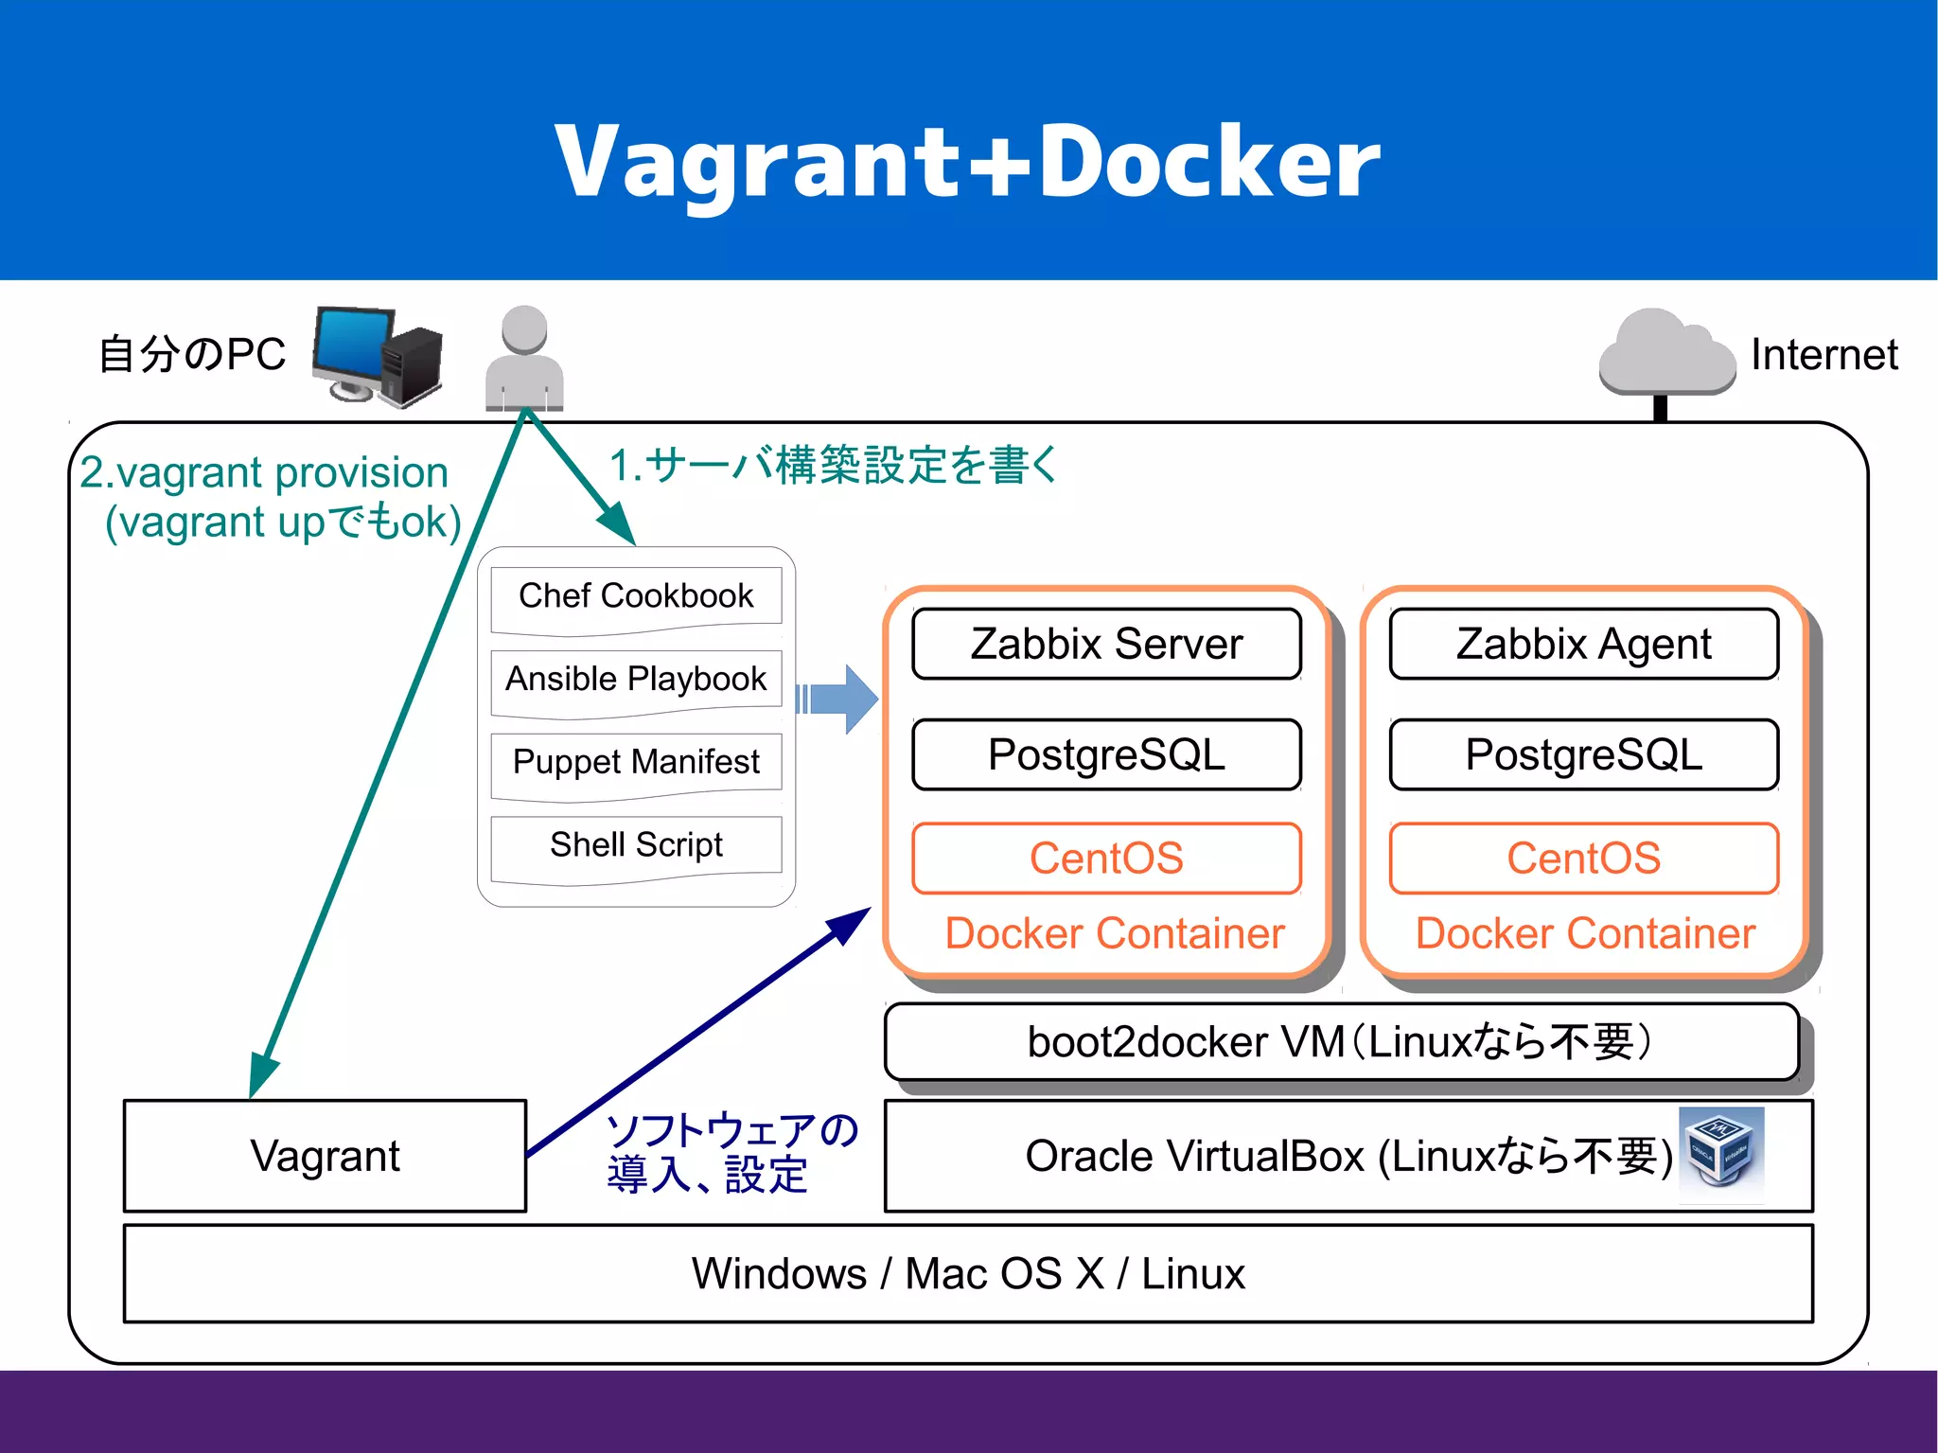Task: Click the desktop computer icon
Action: click(x=377, y=356)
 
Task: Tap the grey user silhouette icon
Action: click(x=524, y=358)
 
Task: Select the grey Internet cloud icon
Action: click(x=1665, y=352)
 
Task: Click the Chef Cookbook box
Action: click(x=636, y=596)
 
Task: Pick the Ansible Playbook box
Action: click(x=636, y=679)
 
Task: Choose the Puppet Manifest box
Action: click(x=636, y=762)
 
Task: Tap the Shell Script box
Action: click(x=636, y=844)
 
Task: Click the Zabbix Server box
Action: click(x=1106, y=644)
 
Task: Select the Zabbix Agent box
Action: click(x=1583, y=644)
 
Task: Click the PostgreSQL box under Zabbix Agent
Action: click(x=1583, y=754)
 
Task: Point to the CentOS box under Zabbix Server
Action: click(x=1106, y=859)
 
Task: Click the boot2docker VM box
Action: click(x=1341, y=1041)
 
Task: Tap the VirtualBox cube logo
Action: click(x=1720, y=1147)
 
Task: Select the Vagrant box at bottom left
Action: click(x=325, y=1156)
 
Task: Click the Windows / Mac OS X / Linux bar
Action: click(x=967, y=1273)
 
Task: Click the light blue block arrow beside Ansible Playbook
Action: click(x=840, y=700)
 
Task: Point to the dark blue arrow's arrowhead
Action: click(x=851, y=924)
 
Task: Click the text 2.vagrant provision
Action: click(x=264, y=472)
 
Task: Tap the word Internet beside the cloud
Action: click(x=1823, y=355)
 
